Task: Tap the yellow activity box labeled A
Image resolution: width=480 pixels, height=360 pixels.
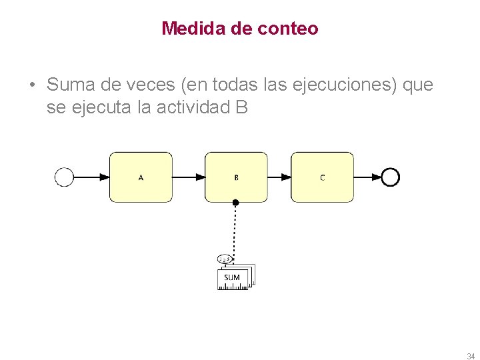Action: (141, 177)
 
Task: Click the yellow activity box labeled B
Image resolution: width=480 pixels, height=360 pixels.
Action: (236, 177)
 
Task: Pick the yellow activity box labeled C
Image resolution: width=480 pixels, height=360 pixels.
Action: (322, 177)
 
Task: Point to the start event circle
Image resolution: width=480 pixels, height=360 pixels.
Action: (64, 177)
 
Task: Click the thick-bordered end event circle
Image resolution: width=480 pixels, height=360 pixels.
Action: (391, 177)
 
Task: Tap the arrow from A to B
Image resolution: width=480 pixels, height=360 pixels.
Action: (189, 177)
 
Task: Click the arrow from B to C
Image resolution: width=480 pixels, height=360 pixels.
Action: (279, 177)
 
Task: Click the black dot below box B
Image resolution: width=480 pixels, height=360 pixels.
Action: (235, 202)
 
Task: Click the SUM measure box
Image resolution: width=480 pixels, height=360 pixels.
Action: (232, 278)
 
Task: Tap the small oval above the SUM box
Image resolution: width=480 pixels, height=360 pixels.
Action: (225, 259)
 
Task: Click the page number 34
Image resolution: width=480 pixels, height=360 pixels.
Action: (471, 355)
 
